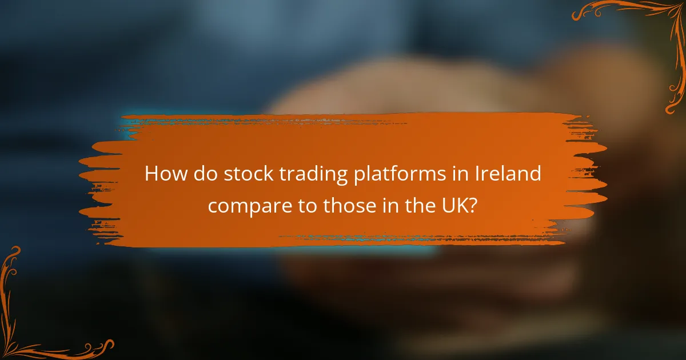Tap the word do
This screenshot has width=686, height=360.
click(x=203, y=174)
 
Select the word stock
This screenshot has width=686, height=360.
click(x=244, y=174)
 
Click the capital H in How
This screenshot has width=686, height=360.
click(x=151, y=174)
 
